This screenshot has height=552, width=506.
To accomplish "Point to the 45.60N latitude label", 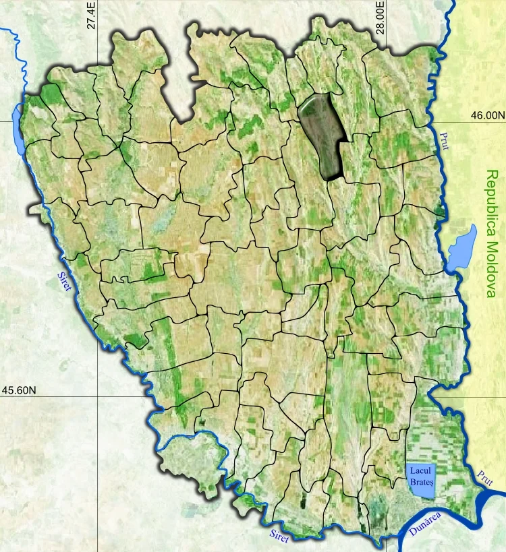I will point(20,390).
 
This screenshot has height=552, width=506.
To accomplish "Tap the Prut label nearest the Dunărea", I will point(484,477).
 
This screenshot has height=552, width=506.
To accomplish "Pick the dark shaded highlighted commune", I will point(322,135).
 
